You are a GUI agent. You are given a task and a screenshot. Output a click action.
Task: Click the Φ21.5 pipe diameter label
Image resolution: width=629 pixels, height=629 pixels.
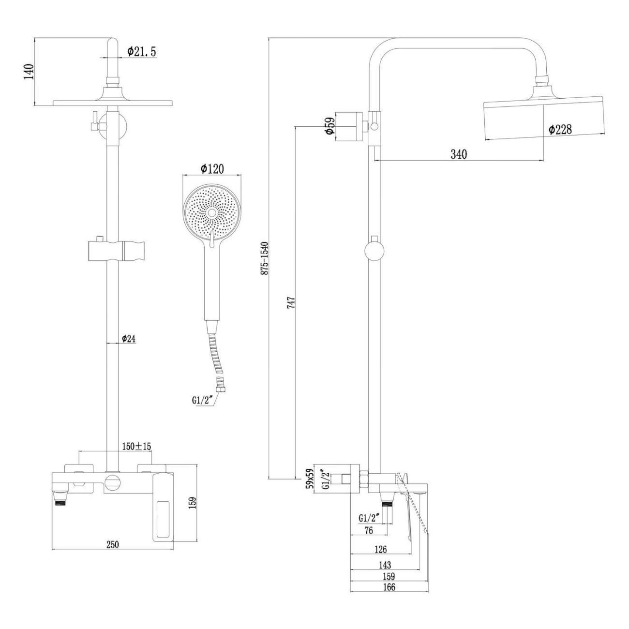click(142, 52)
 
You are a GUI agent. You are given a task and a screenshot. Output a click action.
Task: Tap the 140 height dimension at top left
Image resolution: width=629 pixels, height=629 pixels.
click(30, 72)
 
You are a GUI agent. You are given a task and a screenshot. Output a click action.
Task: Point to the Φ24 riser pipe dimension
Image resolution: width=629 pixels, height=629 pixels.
click(128, 339)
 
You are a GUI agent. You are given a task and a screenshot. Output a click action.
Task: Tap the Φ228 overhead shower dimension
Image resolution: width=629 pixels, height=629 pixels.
click(560, 129)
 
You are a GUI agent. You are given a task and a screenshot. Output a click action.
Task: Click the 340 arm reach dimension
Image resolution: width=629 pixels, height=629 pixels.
click(458, 154)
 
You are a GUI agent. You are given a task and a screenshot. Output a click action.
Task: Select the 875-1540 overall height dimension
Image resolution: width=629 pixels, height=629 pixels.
click(265, 259)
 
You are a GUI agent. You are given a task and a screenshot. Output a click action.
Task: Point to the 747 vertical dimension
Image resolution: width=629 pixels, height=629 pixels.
click(291, 302)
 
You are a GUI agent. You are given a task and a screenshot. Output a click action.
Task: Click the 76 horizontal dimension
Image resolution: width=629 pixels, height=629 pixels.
click(368, 530)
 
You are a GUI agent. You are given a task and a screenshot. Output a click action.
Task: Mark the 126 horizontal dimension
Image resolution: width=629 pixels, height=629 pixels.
click(381, 549)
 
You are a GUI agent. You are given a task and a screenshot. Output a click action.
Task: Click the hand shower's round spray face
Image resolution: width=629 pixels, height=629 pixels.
click(211, 213)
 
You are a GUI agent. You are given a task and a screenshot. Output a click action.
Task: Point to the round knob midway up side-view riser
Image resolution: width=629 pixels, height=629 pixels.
click(374, 252)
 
